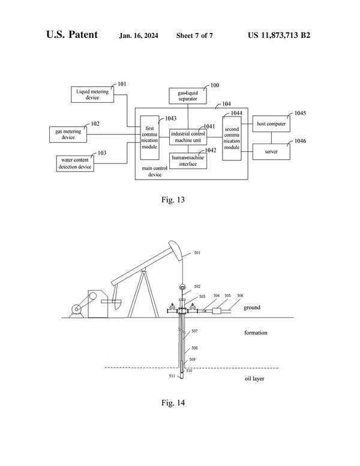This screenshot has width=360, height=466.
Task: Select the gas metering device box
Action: pos(68,134)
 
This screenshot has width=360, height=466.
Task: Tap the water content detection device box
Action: pos(76,163)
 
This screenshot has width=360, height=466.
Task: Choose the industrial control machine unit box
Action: pos(188,136)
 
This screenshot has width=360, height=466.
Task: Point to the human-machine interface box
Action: pos(188,161)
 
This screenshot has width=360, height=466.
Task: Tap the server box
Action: pos(271,153)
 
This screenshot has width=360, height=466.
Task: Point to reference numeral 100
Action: pos(214,86)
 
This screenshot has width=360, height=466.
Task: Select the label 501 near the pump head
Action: pos(197,253)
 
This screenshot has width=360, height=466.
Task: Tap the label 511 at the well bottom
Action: pos(172,376)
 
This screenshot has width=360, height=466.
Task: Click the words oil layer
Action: pos(254,379)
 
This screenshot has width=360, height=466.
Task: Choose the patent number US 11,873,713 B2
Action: pos(278,35)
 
